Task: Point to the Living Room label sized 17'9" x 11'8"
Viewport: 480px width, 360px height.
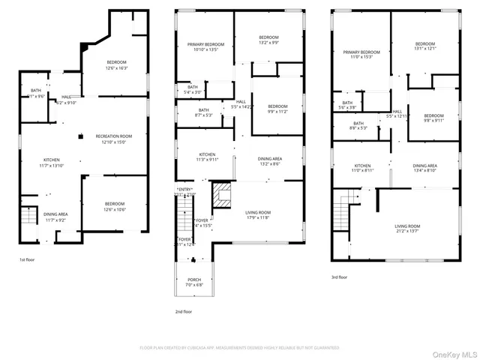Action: [x=258, y=215]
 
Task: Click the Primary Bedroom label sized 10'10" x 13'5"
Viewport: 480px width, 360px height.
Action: [x=205, y=47]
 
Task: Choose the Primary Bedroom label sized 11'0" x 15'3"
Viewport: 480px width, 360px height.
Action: [x=361, y=55]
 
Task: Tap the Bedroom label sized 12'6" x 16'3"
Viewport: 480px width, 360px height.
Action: [x=116, y=64]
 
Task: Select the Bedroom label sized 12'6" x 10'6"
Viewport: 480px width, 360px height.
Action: [x=115, y=206]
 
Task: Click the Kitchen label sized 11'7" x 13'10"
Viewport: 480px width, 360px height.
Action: [x=51, y=162]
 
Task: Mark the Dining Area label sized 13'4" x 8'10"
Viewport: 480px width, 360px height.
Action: [x=424, y=168]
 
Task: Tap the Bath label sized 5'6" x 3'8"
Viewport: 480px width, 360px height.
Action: [x=347, y=105]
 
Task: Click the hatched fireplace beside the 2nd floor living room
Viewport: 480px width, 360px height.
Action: [x=222, y=196]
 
